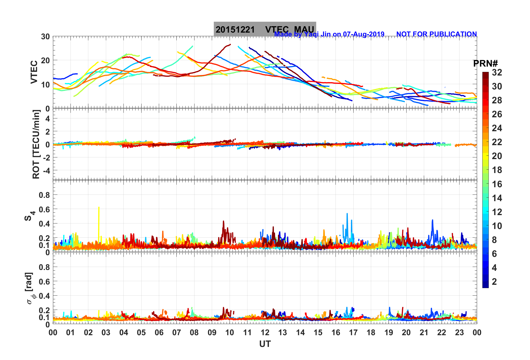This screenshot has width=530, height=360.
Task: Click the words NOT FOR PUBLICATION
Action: pyautogui.click(x=436, y=34)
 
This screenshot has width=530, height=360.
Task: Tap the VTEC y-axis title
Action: pyautogui.click(x=34, y=72)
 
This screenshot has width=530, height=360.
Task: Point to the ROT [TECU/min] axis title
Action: pyautogui.click(x=36, y=144)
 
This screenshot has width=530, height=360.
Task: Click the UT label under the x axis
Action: pyautogui.click(x=265, y=344)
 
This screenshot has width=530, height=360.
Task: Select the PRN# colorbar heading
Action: pyautogui.click(x=485, y=64)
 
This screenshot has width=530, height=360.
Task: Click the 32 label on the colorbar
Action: pyautogui.click(x=497, y=72)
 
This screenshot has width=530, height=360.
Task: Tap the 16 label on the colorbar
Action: pyautogui.click(x=497, y=184)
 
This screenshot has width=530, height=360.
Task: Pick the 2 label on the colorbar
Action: pyautogui.click(x=494, y=281)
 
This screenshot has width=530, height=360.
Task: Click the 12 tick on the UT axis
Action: pyautogui.click(x=265, y=332)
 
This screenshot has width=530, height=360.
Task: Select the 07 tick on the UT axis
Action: pyautogui.click(x=177, y=332)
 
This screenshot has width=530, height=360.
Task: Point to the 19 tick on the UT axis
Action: pyautogui.click(x=389, y=332)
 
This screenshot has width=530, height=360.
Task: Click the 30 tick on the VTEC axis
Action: pyautogui.click(x=45, y=37)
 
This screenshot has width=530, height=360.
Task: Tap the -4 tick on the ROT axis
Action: pyautogui.click(x=46, y=170)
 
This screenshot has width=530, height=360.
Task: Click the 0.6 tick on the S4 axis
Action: pyautogui.click(x=44, y=209)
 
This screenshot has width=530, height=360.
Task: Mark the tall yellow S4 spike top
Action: pyautogui.click(x=99, y=207)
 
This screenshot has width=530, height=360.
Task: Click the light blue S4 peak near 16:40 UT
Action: pyautogui.click(x=347, y=214)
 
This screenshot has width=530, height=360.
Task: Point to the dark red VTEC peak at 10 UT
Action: pyautogui.click(x=230, y=44)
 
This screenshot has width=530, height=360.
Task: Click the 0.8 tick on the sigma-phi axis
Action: pyautogui.click(x=44, y=267)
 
